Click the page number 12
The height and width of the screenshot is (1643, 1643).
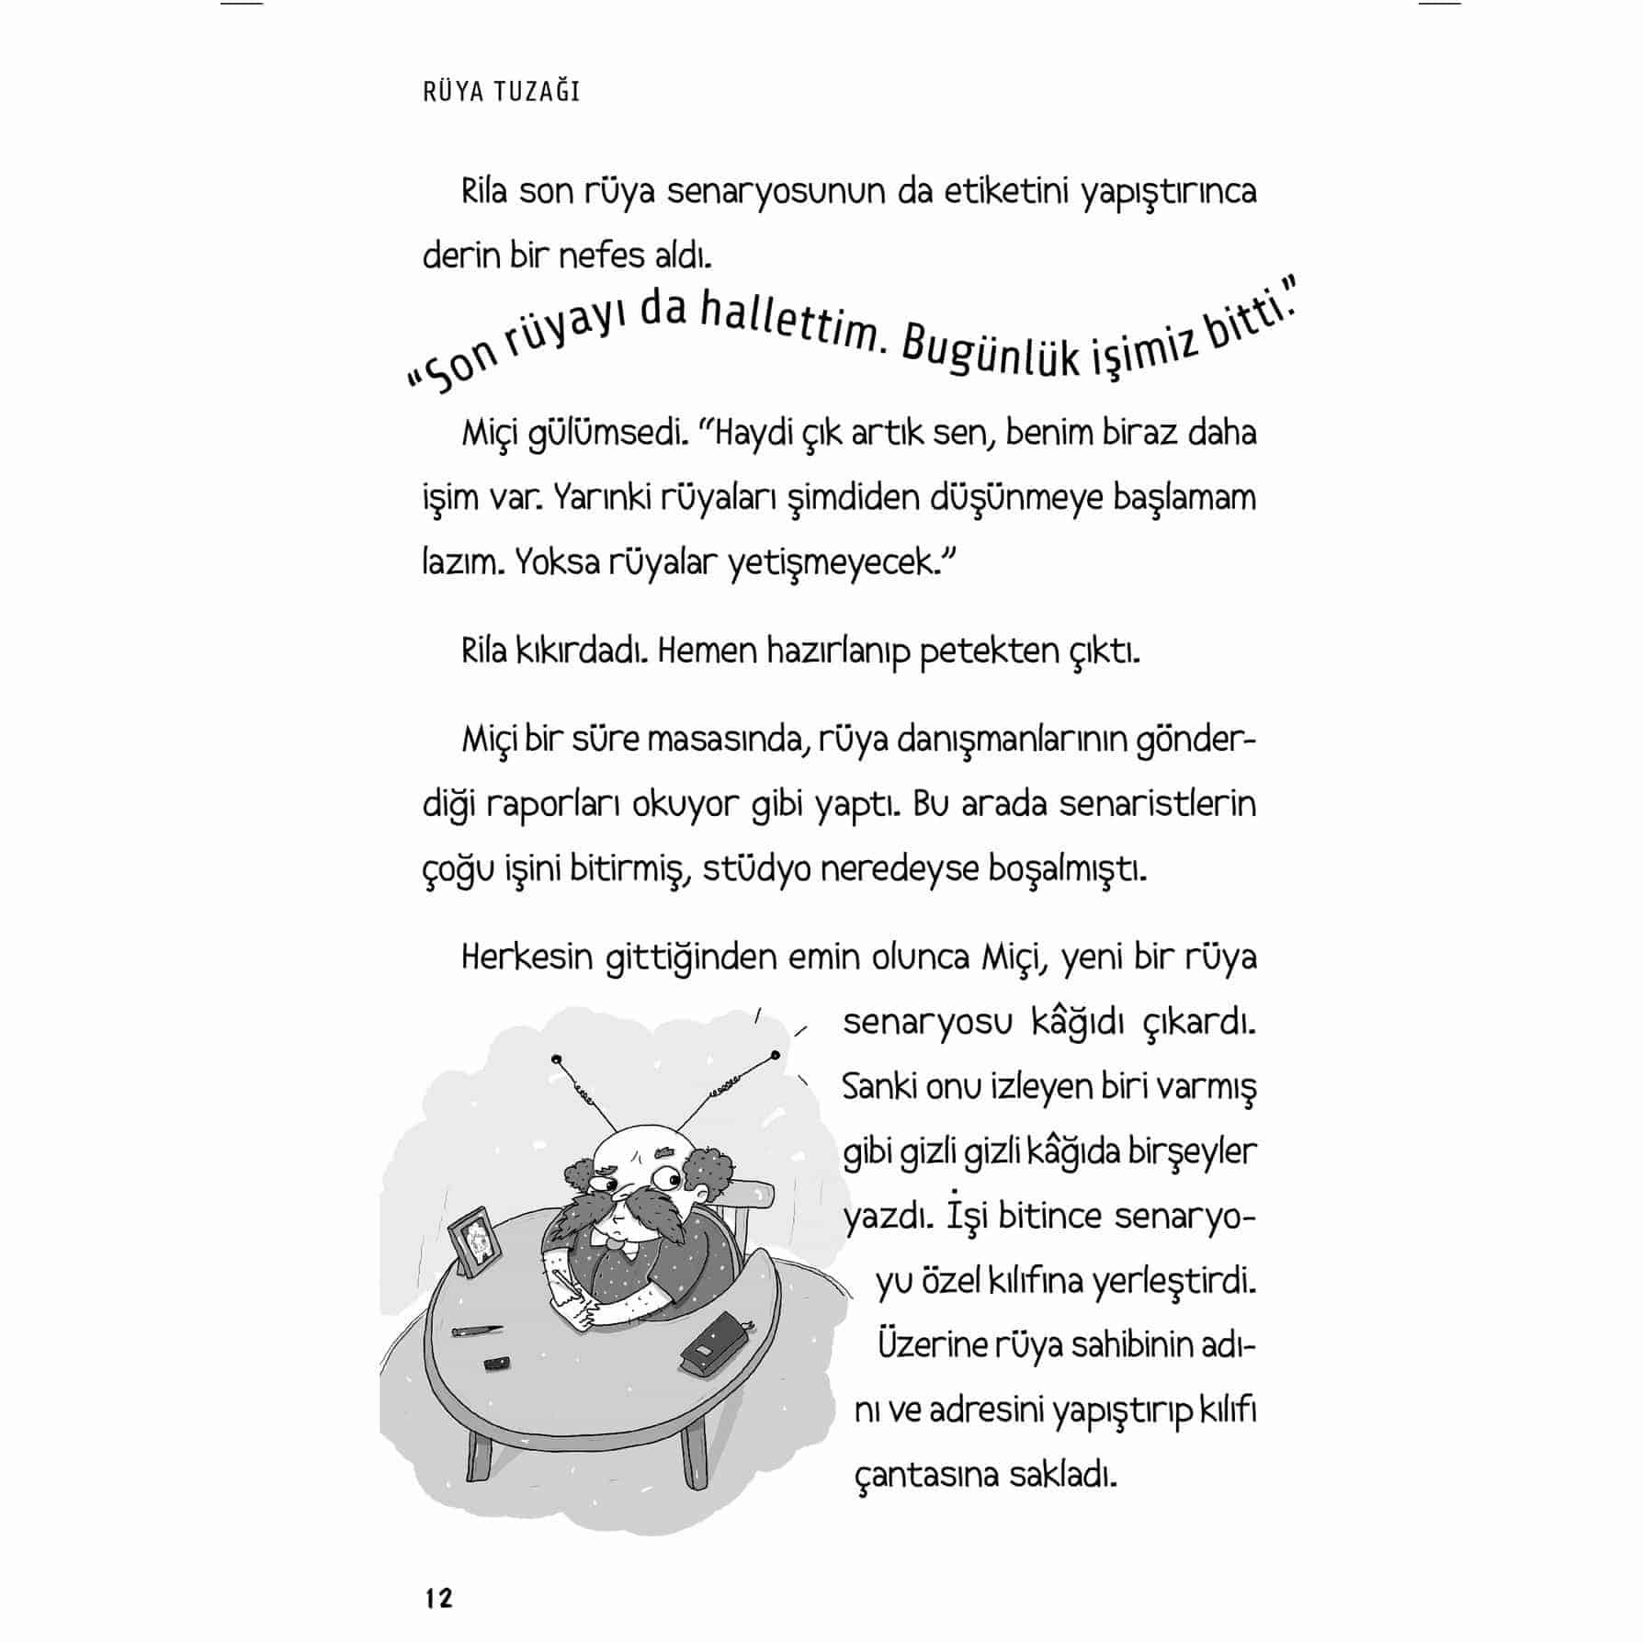pos(438,1598)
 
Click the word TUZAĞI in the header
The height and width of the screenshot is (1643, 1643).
pos(540,92)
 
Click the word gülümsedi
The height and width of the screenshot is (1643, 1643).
pos(607,433)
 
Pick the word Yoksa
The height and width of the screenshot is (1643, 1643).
pos(554,561)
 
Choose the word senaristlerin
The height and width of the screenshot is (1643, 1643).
pos(1157,804)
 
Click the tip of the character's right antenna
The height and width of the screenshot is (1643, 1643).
pos(776,1054)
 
